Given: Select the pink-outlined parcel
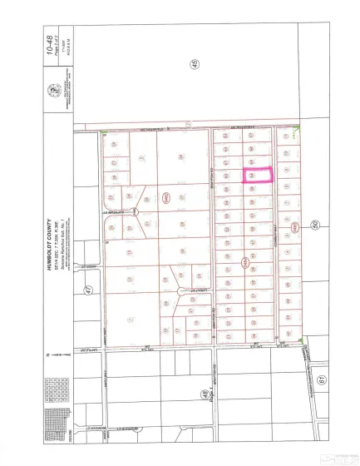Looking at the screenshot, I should point(258,176).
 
